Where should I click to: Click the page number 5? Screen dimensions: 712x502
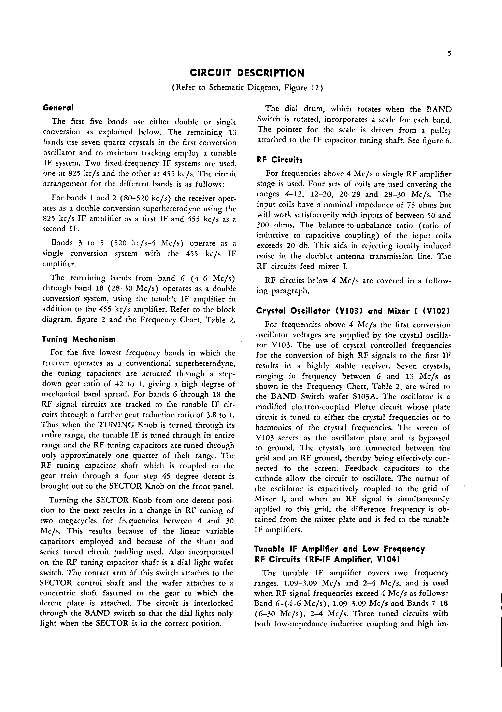click(449, 54)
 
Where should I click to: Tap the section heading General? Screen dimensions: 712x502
click(58, 108)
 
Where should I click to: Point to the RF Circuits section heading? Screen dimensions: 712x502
click(279, 160)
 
